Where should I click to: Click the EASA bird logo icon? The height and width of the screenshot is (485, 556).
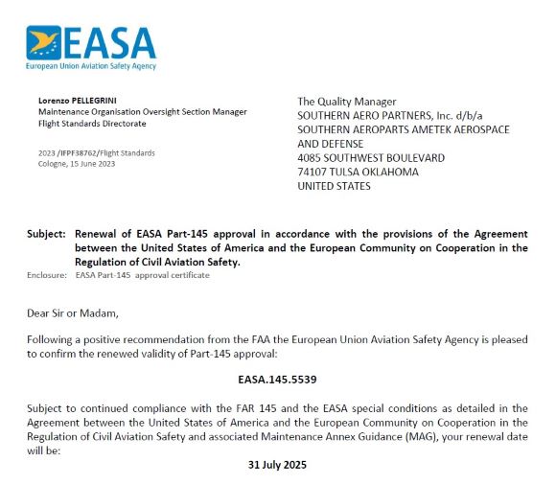44,42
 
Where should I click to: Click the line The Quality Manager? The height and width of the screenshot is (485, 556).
346,102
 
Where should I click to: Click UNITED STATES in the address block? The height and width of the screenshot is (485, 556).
334,186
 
